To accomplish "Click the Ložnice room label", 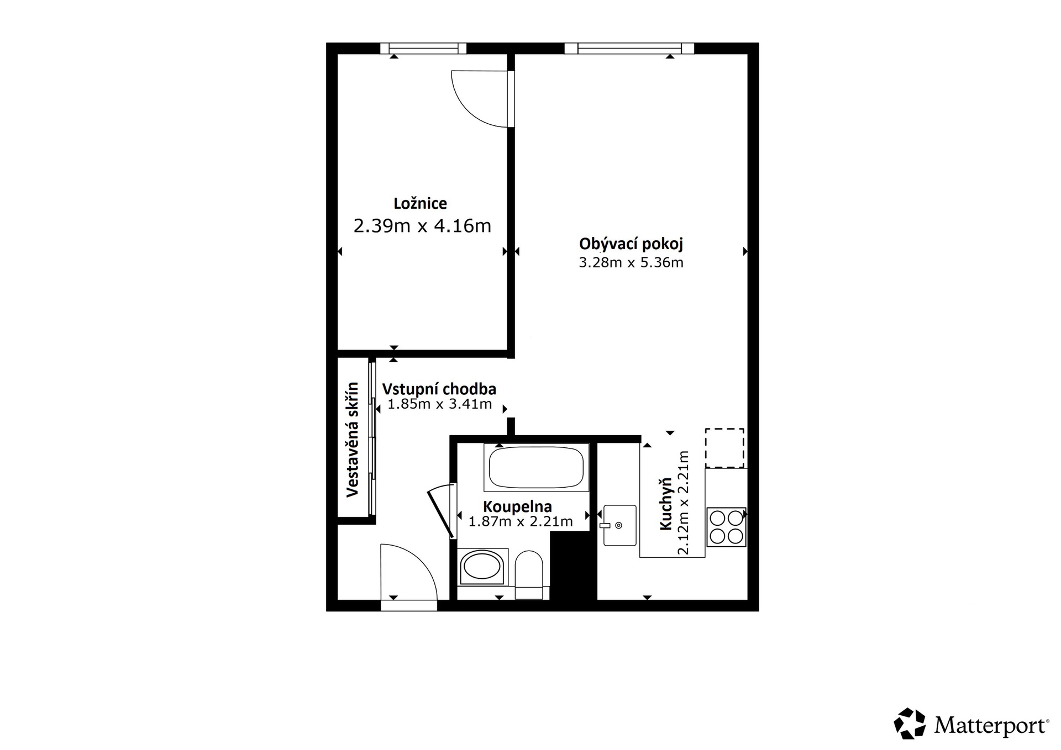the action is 420,204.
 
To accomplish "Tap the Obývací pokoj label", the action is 631,244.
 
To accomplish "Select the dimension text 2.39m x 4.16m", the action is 422,226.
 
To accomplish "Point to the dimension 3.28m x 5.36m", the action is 631,263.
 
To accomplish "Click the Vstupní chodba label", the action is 439,389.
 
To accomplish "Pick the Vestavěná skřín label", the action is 353,440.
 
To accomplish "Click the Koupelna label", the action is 517,506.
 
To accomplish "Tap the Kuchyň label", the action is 666,504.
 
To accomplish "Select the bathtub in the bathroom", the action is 536,467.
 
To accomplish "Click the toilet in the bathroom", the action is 529,574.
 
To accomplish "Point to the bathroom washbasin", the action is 482,567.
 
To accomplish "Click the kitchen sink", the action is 619,525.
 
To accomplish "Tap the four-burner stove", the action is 726,527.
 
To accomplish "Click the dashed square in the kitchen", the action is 724,448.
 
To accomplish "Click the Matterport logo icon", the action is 910,723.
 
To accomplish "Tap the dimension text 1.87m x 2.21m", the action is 521,521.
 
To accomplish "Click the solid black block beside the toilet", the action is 574,566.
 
